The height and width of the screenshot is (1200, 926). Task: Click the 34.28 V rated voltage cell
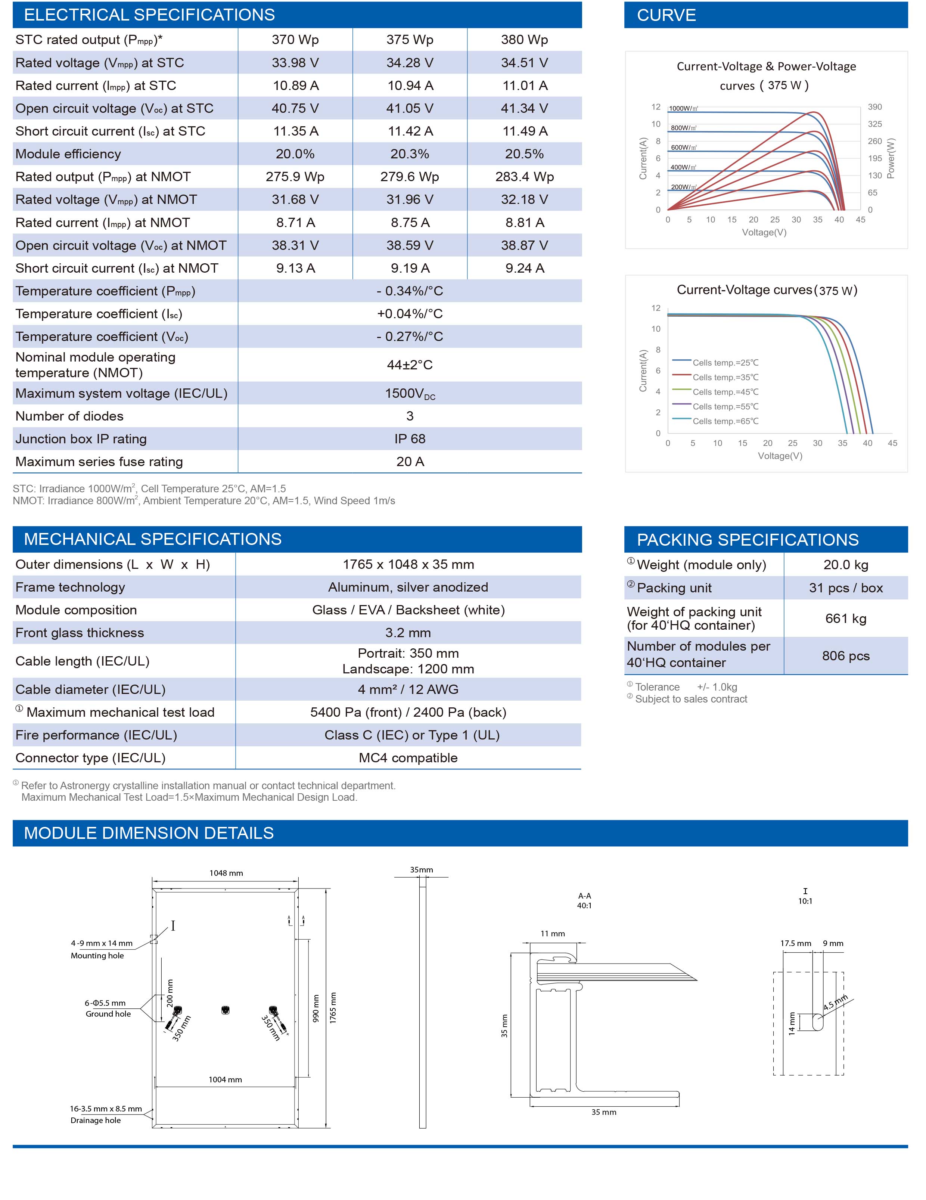(410, 63)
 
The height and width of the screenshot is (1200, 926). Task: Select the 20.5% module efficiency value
(525, 154)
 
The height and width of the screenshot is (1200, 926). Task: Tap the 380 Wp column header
(525, 40)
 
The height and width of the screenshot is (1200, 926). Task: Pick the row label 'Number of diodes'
(69, 416)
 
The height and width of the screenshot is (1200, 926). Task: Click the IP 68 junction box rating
(410, 439)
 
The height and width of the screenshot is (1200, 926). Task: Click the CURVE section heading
(666, 15)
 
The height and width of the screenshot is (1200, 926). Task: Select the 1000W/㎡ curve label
(683, 108)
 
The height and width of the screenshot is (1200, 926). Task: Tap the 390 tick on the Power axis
(875, 107)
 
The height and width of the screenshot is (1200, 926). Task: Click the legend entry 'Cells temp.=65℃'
(725, 421)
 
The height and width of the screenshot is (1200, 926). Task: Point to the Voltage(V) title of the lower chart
(780, 456)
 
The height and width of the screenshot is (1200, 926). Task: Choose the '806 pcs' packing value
(846, 656)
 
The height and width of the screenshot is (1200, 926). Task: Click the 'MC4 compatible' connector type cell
(408, 758)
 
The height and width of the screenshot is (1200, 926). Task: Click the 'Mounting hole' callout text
(97, 955)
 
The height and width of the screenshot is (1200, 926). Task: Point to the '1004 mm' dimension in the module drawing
(225, 1080)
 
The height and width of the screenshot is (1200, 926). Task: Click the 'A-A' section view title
(584, 896)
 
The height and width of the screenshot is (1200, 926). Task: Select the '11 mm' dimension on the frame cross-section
(553, 933)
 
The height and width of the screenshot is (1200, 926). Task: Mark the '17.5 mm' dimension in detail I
(796, 943)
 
